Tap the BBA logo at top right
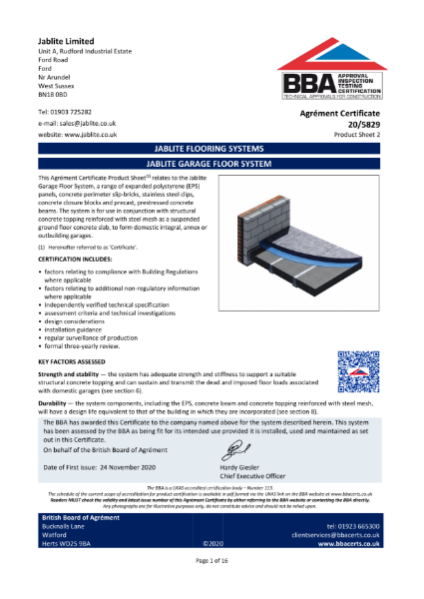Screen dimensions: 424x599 click(x=333, y=72)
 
